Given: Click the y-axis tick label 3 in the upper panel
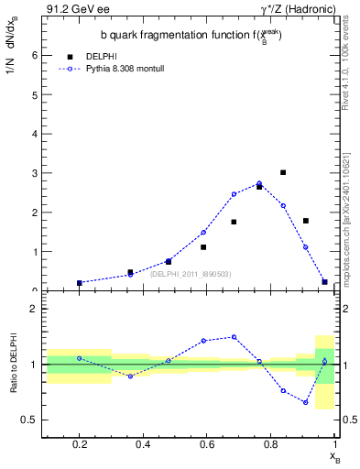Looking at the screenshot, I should [34, 173].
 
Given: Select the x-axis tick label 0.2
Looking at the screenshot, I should [81, 444].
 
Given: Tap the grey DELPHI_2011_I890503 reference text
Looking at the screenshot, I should [191, 273].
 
